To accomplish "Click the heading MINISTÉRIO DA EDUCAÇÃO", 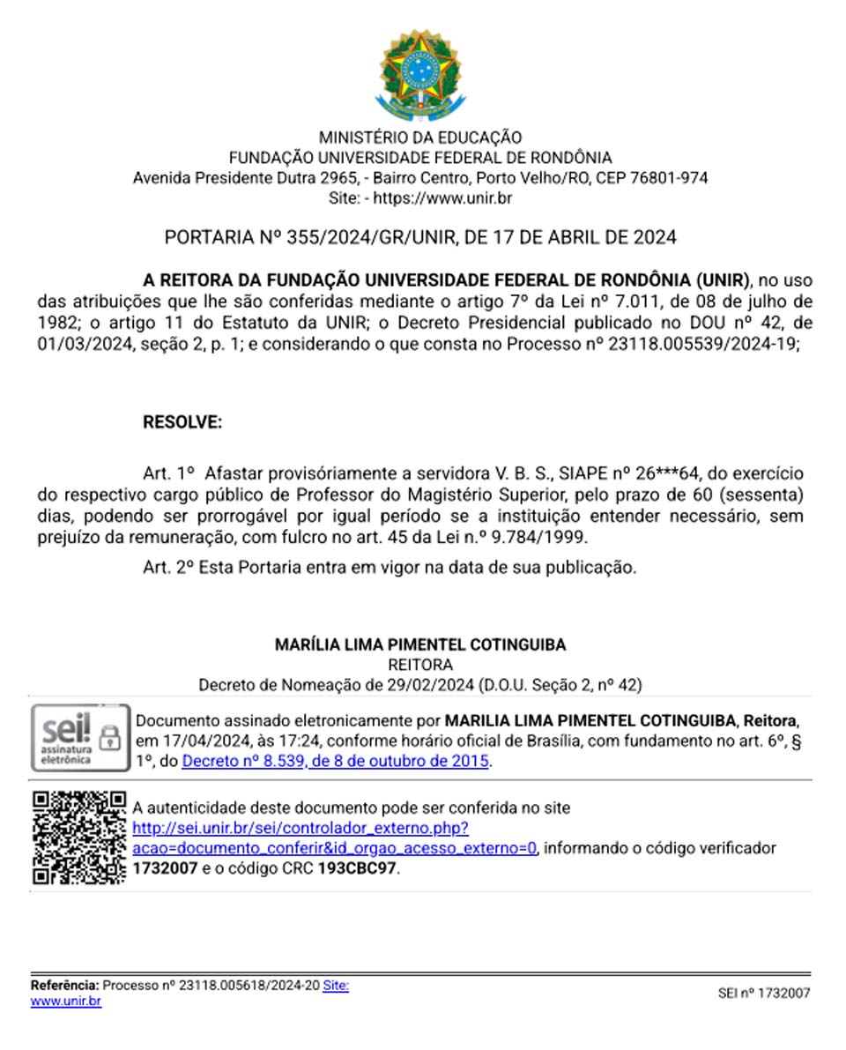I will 419,138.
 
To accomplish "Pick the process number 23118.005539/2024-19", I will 706,344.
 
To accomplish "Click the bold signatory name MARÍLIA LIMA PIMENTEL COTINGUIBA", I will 420,645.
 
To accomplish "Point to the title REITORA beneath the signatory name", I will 420,665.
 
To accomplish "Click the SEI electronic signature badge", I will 79,738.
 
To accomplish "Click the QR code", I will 79,838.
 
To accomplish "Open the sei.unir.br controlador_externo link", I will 300,829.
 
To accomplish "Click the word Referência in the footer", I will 64,985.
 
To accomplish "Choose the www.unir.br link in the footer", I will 66,1002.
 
